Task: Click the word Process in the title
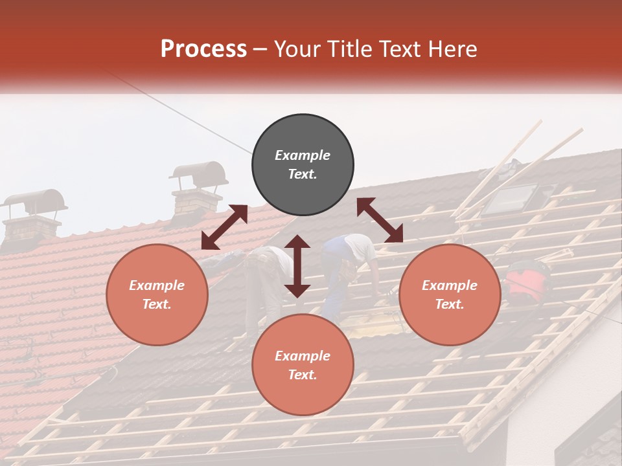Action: (x=203, y=49)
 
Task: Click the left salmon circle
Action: (x=157, y=294)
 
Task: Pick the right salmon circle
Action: (x=450, y=294)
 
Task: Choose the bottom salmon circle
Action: (x=303, y=365)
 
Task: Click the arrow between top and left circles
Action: (x=224, y=227)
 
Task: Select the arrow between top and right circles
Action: (x=380, y=220)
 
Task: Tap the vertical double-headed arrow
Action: (x=297, y=266)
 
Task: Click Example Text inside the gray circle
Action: (x=303, y=164)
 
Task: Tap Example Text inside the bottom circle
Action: (x=303, y=365)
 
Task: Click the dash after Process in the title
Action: (x=260, y=50)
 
